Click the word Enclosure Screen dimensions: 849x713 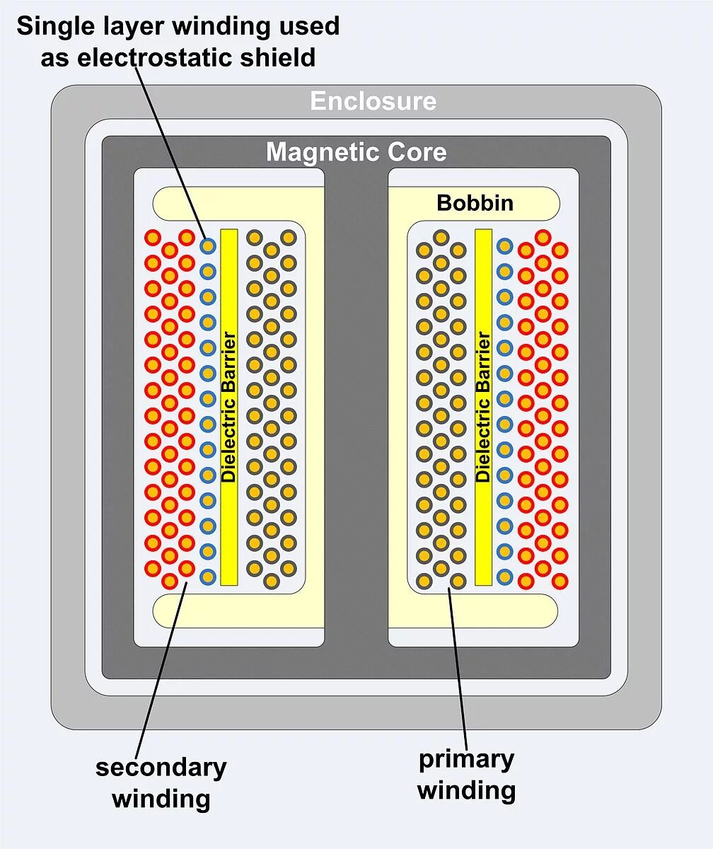coord(373,101)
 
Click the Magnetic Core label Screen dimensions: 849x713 coord(356,152)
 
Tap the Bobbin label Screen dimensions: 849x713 coord(475,203)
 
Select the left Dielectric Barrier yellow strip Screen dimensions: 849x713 coord(228,407)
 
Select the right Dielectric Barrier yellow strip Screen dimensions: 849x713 coord(483,407)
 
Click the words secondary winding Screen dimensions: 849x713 coord(161,783)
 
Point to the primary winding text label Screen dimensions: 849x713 coord(466,775)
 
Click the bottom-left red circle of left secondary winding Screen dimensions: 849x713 coord(153,568)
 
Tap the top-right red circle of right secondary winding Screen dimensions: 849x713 coord(560,250)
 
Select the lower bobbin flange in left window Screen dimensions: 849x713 coord(226,611)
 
